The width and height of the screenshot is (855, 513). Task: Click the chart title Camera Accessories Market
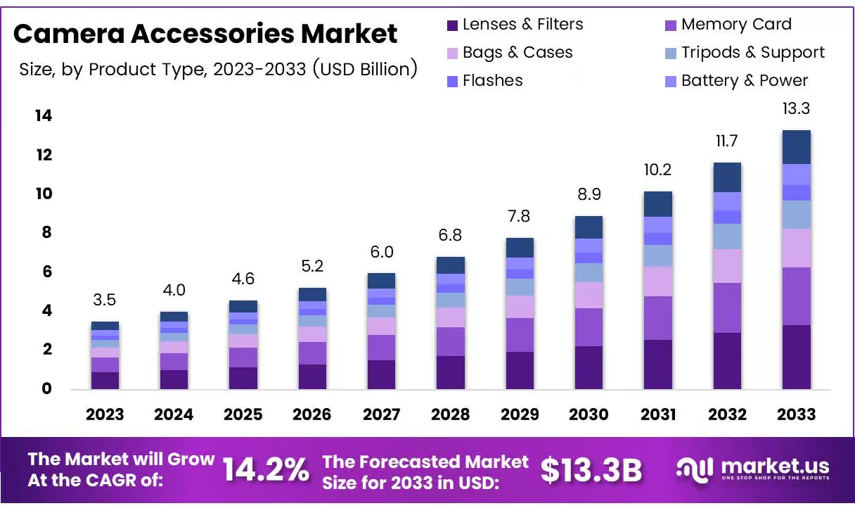[x=205, y=34]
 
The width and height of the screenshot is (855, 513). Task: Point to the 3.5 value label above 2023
[x=105, y=300]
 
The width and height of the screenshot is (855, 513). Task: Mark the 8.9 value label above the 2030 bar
[x=589, y=195]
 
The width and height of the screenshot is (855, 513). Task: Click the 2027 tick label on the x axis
[x=380, y=414]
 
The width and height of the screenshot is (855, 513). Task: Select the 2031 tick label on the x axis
[x=658, y=414]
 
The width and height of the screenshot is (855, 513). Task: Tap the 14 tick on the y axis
[x=44, y=115]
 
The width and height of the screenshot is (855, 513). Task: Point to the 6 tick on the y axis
[x=47, y=272]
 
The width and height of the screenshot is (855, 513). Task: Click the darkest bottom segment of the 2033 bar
[x=796, y=357]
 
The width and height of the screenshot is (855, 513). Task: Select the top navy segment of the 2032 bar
[x=727, y=177]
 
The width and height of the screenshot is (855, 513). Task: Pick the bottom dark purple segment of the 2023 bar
[x=105, y=380]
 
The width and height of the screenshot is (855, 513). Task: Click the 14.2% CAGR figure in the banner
[x=266, y=470]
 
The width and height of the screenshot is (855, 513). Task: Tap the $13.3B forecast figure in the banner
[x=591, y=470]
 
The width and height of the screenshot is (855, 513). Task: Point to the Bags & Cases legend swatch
[x=454, y=53]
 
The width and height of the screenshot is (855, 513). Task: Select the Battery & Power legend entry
[x=744, y=81]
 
